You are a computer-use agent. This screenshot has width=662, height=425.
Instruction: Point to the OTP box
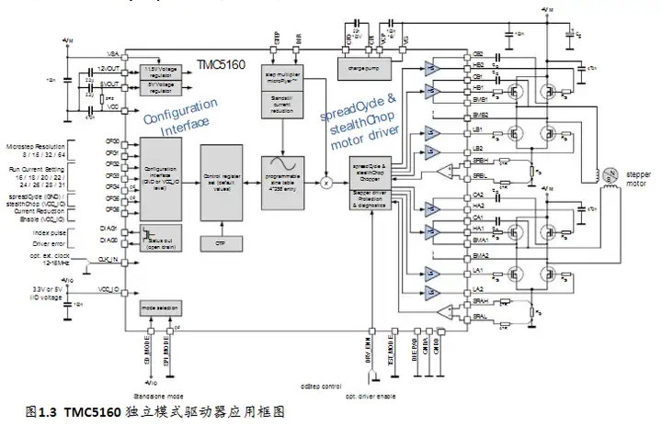click(220, 242)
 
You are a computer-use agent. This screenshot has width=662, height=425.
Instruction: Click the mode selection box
click(158, 308)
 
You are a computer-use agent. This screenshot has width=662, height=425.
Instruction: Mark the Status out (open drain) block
click(158, 235)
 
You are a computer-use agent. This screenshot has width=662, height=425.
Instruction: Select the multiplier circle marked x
click(325, 184)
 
